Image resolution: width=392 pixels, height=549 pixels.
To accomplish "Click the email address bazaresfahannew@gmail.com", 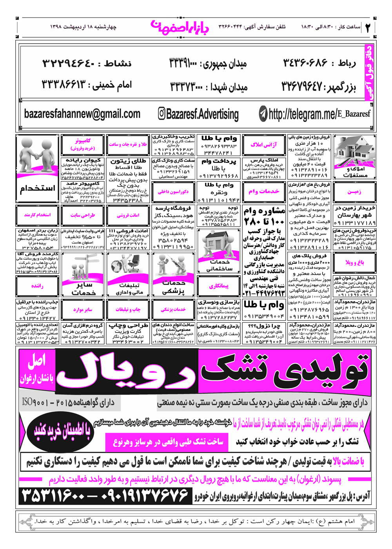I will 82,114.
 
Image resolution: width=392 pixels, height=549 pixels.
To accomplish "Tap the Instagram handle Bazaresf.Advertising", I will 198,114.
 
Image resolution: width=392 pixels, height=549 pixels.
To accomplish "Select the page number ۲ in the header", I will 368,27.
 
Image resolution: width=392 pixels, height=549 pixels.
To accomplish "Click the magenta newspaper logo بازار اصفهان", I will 180,27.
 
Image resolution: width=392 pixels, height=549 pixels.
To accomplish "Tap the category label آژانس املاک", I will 263,145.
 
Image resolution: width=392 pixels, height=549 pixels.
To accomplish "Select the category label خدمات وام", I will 263,191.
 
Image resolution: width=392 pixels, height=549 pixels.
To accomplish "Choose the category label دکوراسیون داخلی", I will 173,192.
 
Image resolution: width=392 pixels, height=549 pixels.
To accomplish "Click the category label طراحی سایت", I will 83,215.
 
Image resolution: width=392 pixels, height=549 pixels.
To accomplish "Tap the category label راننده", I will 37,286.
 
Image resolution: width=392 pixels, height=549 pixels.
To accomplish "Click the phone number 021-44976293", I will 264,293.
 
